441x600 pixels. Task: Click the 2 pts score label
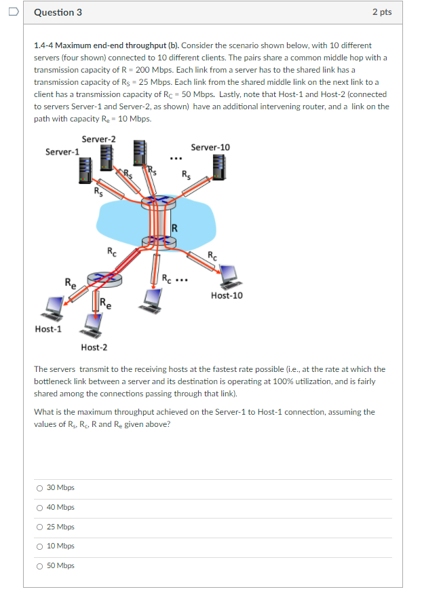[x=381, y=12]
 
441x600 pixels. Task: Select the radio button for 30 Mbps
[x=40, y=488]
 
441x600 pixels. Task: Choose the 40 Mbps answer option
[x=40, y=508]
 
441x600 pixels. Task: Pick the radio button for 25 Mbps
[x=40, y=527]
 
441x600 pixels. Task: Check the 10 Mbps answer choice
[x=40, y=546]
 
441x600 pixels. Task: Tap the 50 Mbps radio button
[x=40, y=566]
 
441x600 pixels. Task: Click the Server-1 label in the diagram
[x=62, y=151]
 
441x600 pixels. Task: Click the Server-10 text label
[x=210, y=147]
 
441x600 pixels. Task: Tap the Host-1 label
[x=48, y=329]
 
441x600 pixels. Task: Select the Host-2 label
[x=94, y=348]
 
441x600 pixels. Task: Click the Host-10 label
[x=227, y=295]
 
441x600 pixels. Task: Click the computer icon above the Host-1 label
[x=52, y=307]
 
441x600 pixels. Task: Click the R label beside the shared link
[x=174, y=227]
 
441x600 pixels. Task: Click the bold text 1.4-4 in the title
[x=43, y=45]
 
